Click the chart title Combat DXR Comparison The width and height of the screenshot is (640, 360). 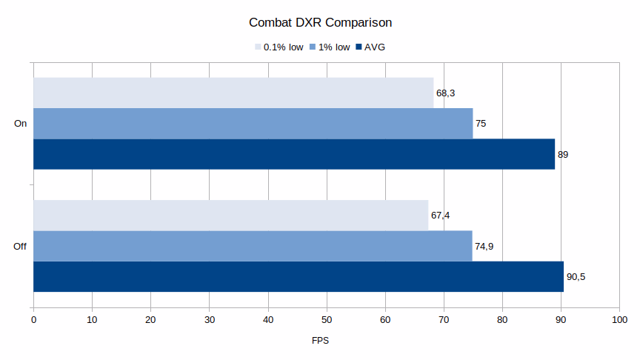[320, 22]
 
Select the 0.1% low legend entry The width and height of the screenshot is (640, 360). [279, 47]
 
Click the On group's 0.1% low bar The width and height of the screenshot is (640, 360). [233, 93]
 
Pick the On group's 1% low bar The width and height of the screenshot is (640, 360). [253, 123]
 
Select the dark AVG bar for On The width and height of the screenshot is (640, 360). [294, 154]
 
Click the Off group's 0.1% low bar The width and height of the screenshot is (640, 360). [230, 215]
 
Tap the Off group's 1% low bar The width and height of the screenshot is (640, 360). [253, 246]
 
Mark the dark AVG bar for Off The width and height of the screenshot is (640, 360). [299, 276]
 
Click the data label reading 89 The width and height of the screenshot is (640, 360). [563, 155]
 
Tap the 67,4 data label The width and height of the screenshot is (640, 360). [440, 216]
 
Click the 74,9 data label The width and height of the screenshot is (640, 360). [484, 247]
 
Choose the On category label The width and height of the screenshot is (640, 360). [21, 124]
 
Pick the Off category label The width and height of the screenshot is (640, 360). [20, 246]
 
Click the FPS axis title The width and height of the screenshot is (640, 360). [320, 341]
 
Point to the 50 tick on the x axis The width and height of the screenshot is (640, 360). [327, 319]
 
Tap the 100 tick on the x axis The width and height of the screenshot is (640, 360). [619, 319]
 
